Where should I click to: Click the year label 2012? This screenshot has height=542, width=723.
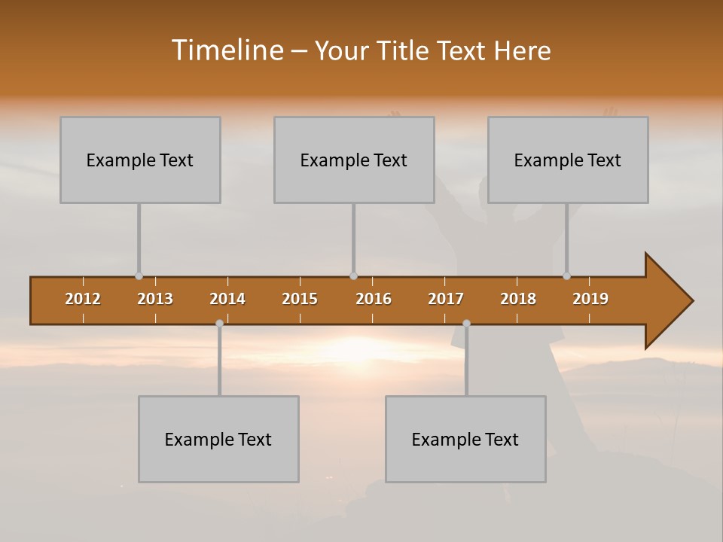click(83, 299)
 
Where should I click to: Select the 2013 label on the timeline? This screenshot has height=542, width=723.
click(155, 299)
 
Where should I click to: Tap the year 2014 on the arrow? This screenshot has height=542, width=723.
click(227, 299)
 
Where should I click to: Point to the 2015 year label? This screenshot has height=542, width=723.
click(300, 299)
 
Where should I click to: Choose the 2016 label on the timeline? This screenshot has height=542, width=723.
click(374, 299)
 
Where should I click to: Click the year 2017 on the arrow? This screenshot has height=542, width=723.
click(446, 299)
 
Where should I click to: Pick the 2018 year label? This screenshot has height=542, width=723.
click(518, 299)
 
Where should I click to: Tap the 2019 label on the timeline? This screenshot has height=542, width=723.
click(590, 299)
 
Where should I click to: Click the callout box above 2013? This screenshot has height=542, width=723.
click(140, 160)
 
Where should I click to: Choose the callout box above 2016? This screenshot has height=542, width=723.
click(354, 160)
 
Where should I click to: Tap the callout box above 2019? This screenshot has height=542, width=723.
click(568, 160)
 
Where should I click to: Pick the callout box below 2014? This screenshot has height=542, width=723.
click(218, 439)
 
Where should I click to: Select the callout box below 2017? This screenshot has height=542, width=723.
click(465, 439)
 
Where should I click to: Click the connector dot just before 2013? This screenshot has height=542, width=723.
click(139, 276)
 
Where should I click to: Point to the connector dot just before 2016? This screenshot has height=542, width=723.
click(353, 276)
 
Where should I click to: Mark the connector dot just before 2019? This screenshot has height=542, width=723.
click(566, 276)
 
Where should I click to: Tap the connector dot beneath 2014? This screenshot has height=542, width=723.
click(219, 323)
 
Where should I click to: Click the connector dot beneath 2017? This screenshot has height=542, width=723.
click(466, 323)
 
